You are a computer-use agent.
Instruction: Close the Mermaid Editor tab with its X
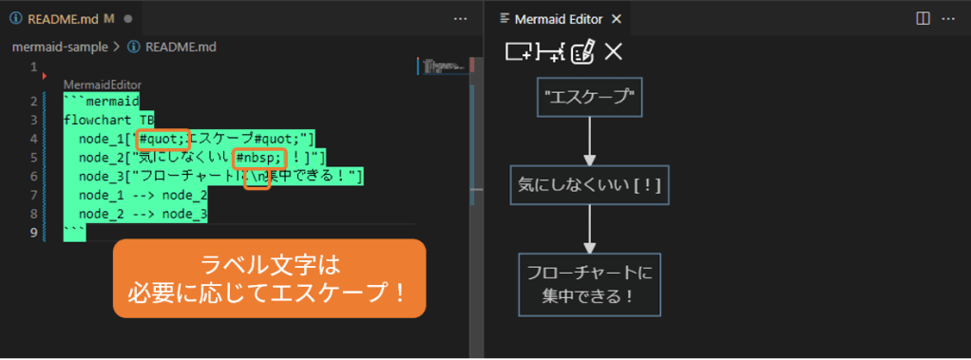(616, 18)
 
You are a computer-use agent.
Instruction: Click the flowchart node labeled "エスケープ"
(589, 95)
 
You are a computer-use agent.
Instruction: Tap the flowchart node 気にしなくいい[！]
(589, 185)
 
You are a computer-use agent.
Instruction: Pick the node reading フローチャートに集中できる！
(589, 284)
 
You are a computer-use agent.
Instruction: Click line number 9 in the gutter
(33, 232)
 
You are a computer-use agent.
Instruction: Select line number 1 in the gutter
(33, 67)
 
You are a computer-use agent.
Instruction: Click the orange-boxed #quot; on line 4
(162, 139)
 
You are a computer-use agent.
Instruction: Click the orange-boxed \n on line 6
(257, 177)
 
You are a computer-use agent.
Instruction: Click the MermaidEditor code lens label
(102, 85)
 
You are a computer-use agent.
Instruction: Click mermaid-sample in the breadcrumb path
(60, 46)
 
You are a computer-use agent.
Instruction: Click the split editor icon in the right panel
(923, 18)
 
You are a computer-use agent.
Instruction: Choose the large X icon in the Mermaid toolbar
(614, 52)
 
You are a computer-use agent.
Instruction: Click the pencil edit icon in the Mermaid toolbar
(582, 52)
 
